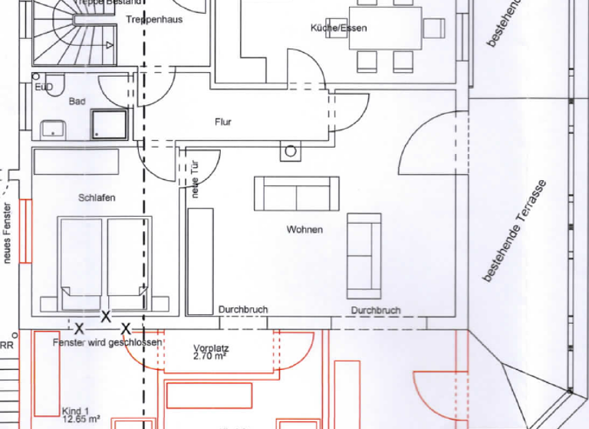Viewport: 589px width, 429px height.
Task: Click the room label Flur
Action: pos(223,122)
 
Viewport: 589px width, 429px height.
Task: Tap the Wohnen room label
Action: pos(304,230)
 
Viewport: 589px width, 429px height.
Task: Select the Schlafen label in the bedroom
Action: pos(97,198)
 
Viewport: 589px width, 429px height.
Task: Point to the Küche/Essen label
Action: pos(338,28)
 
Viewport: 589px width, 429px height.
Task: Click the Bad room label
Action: pos(77,101)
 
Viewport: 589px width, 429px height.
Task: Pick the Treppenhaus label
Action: pos(154,19)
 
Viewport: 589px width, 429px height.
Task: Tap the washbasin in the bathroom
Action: pos(52,128)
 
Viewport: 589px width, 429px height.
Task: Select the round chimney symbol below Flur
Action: pos(291,152)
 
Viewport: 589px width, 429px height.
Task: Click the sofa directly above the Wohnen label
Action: pos(296,193)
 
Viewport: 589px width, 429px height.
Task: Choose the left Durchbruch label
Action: pos(243,309)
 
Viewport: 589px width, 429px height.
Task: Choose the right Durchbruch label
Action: pos(376,310)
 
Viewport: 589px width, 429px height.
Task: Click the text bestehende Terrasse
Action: pos(513,231)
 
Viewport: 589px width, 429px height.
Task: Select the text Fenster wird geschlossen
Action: pos(107,342)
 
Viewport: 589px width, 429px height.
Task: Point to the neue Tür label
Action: pos(196,178)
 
